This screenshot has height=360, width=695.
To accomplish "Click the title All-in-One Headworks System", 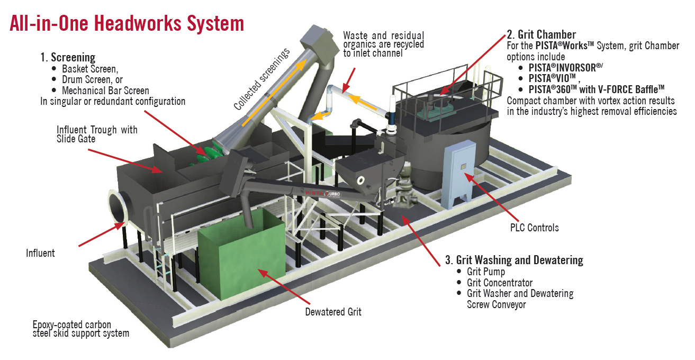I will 127,23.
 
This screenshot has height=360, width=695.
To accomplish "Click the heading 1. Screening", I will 68,57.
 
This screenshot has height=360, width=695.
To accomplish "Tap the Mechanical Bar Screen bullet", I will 105,91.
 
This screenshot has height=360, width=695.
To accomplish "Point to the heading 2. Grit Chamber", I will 541,35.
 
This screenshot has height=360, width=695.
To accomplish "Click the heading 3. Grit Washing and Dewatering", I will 514,260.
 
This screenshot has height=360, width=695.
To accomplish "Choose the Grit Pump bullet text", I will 486,272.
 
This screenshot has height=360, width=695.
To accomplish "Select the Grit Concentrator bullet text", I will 500,283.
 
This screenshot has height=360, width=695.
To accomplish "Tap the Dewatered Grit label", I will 333,312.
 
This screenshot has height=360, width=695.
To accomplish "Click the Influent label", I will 40,253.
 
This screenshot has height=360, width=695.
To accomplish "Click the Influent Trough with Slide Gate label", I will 97,134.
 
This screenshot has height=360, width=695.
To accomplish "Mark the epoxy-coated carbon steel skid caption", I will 80,329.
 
